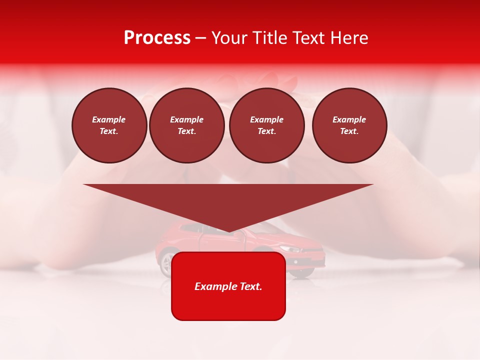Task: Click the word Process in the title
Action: pyautogui.click(x=157, y=38)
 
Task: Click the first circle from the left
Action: pyautogui.click(x=109, y=125)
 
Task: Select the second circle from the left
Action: pyautogui.click(x=186, y=125)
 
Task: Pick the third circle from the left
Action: pyautogui.click(x=266, y=125)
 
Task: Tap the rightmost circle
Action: pyautogui.click(x=349, y=125)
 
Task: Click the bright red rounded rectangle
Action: pyautogui.click(x=228, y=305)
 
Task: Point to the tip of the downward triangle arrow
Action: pyautogui.click(x=228, y=231)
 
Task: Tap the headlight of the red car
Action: pyautogui.click(x=289, y=248)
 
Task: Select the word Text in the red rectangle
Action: pyautogui.click(x=251, y=286)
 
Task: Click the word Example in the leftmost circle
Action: pyautogui.click(x=109, y=119)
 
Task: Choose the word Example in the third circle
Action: pyautogui.click(x=266, y=119)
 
